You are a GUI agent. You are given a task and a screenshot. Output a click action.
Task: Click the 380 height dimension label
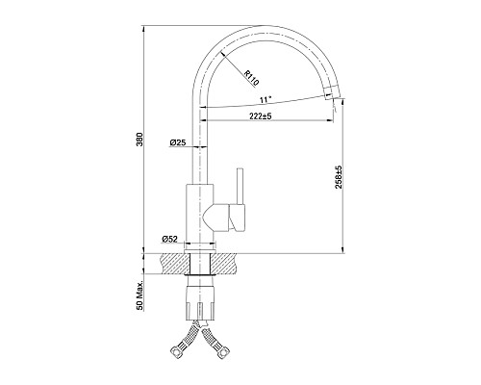[x=139, y=139]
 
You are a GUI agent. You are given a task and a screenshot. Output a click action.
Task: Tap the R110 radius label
[x=251, y=78]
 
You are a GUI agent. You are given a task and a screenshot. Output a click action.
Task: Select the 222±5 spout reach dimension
[x=261, y=116]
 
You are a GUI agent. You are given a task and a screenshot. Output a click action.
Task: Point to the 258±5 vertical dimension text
[x=339, y=182]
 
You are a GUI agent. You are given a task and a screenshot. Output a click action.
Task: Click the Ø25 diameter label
[x=178, y=142]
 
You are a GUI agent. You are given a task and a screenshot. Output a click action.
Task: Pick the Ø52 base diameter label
[x=170, y=239]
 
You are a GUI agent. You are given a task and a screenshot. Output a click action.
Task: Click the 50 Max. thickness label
[x=139, y=295]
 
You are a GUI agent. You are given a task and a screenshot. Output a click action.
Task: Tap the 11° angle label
[x=266, y=100]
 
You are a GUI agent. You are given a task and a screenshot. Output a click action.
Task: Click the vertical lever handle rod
[x=240, y=186]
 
